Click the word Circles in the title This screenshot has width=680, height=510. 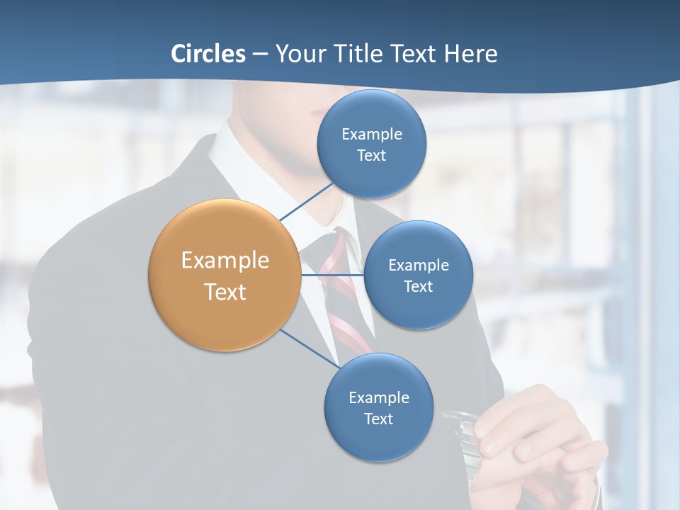tap(208, 54)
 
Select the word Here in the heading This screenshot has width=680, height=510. tap(471, 54)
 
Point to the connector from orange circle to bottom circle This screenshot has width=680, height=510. tap(310, 348)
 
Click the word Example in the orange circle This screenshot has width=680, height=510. tap(225, 261)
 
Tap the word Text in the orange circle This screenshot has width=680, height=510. tap(225, 292)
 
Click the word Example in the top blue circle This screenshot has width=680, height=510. tap(372, 134)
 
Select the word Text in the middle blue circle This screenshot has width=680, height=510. tap(418, 286)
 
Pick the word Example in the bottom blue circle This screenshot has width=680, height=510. tap(378, 397)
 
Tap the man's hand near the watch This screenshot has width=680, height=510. tap(538, 432)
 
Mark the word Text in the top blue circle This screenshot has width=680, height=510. tap(372, 156)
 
